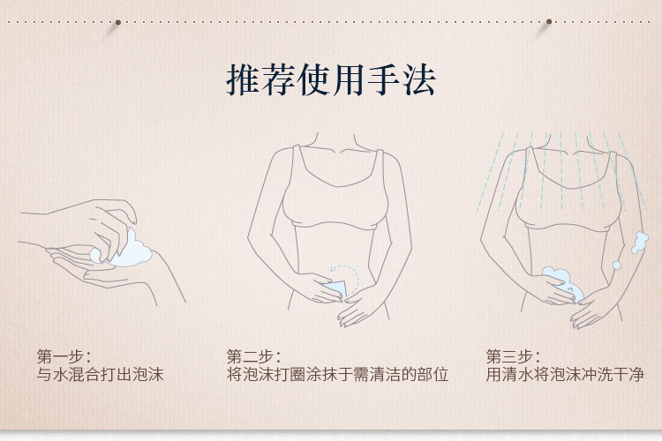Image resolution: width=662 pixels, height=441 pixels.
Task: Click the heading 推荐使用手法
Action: pos(331,79)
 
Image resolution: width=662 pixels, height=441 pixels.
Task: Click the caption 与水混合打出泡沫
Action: pos(100,374)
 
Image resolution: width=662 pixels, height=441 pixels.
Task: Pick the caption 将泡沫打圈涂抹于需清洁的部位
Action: pos(337,374)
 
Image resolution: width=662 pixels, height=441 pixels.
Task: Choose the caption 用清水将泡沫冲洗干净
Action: pos(565,374)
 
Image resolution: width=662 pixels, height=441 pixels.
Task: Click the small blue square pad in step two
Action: pos(336,290)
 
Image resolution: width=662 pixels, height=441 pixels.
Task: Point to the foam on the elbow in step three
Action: pos(639,243)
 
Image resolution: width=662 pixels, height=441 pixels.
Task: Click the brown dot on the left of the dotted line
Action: pos(118,22)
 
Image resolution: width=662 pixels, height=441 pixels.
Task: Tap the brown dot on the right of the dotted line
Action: pos(549,21)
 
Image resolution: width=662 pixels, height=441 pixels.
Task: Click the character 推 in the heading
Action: pos(244,79)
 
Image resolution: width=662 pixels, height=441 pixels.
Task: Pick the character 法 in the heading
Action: pos(419,79)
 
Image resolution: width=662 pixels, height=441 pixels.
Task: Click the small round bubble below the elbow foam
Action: pos(617,265)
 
